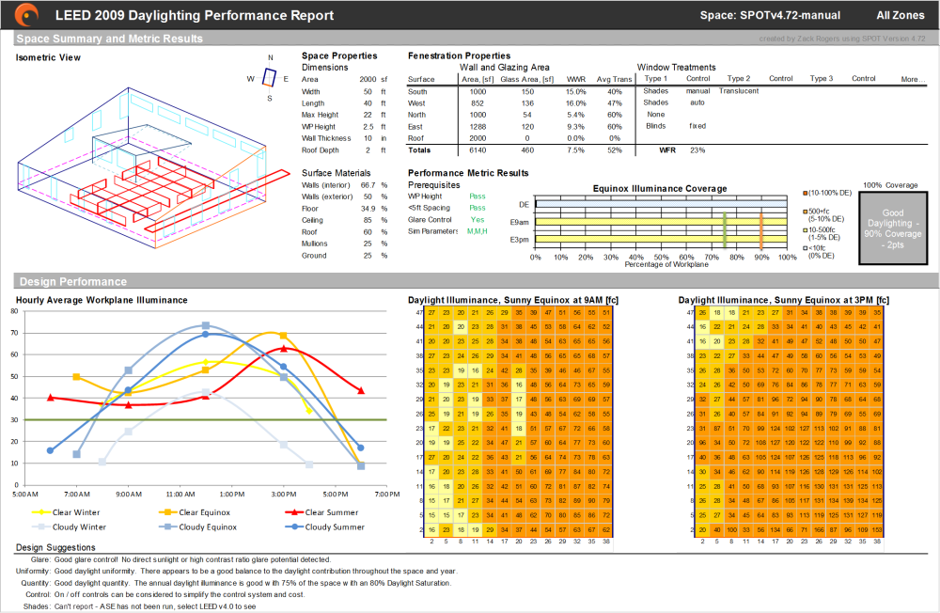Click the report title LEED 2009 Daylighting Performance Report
[x=194, y=15]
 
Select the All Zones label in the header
[x=901, y=15]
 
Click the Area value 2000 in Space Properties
[x=368, y=80]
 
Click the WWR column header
[x=575, y=79]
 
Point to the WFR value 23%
[x=696, y=149]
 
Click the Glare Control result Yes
[x=478, y=219]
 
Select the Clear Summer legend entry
[x=325, y=512]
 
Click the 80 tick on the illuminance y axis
[x=12, y=311]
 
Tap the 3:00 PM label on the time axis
[x=282, y=493]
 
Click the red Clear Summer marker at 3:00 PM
[x=283, y=349]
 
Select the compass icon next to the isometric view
[x=269, y=77]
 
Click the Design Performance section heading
[x=72, y=281]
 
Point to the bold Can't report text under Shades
[x=73, y=606]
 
